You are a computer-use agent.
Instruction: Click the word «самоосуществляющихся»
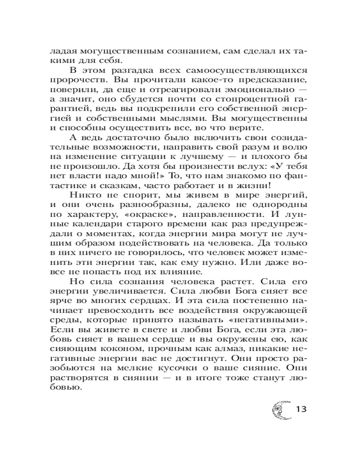250,71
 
